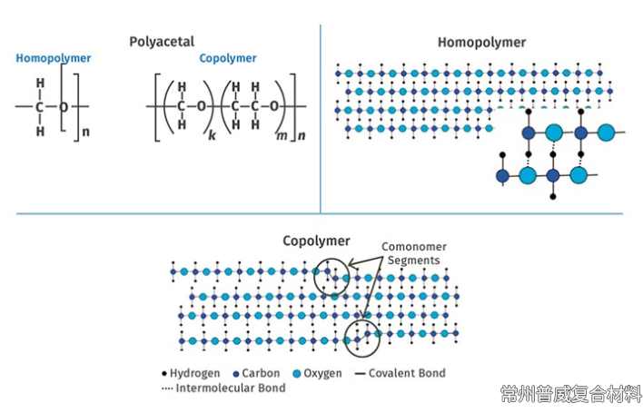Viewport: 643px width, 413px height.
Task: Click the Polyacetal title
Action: coord(162,41)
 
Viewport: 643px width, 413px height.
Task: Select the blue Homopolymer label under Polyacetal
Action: coord(53,59)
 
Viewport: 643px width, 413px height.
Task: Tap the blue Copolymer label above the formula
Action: coord(228,59)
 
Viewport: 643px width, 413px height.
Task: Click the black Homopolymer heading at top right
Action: coord(481,42)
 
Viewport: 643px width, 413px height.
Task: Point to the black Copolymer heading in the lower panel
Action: coord(316,241)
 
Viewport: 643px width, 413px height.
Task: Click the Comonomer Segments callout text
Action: coord(412,253)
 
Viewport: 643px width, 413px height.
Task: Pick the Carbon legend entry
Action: coord(258,373)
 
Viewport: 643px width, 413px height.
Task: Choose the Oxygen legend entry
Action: coord(320,373)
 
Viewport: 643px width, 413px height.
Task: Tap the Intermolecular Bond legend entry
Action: coord(223,388)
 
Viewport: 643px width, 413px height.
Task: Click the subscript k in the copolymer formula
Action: coord(211,133)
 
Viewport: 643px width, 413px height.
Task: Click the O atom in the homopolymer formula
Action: coord(64,107)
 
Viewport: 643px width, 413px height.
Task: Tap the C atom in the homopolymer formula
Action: coord(39,107)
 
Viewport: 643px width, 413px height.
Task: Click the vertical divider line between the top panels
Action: coord(321,118)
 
